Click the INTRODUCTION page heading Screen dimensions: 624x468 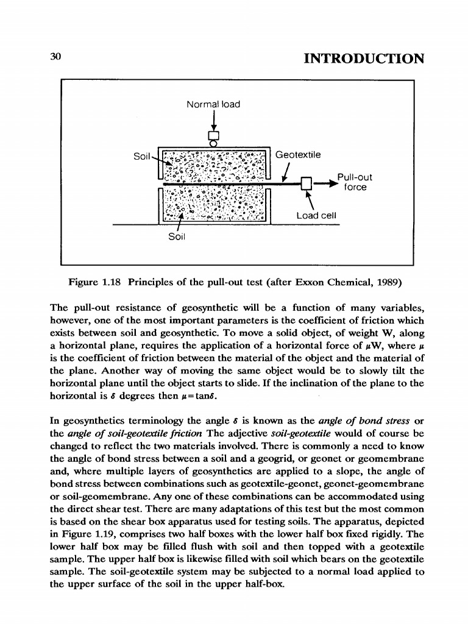pyautogui.click(x=363, y=58)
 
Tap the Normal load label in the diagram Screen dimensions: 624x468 pyautogui.click(x=213, y=104)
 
